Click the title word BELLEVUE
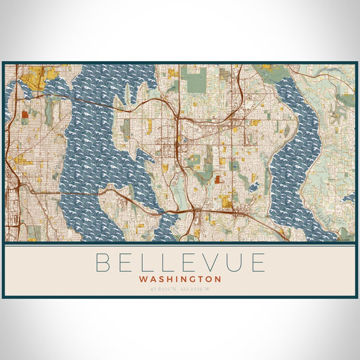click(180, 263)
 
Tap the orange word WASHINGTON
click(180, 279)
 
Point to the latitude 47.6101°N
click(166, 289)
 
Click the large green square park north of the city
click(196, 80)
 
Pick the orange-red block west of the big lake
click(25, 113)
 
